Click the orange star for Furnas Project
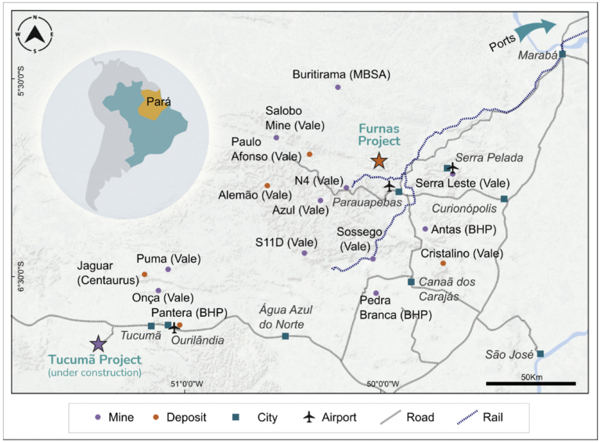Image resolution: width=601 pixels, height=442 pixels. point(379,161)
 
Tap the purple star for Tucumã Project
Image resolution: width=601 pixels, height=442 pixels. point(98,343)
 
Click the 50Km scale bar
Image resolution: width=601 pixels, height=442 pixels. point(531,383)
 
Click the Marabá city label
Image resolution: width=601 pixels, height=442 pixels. point(537,56)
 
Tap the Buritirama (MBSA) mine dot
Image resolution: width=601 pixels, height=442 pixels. point(338,87)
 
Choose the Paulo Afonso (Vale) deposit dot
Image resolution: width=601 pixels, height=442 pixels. point(309,154)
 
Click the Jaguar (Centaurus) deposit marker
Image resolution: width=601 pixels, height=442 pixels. point(145,275)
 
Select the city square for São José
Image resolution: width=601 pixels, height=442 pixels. point(540,354)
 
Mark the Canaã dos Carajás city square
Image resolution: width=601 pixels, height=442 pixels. point(411,282)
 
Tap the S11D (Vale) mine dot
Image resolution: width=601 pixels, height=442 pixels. point(304,253)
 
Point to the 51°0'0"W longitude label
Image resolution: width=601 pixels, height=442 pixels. point(186,383)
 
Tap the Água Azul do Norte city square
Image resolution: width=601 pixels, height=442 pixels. point(285,336)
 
